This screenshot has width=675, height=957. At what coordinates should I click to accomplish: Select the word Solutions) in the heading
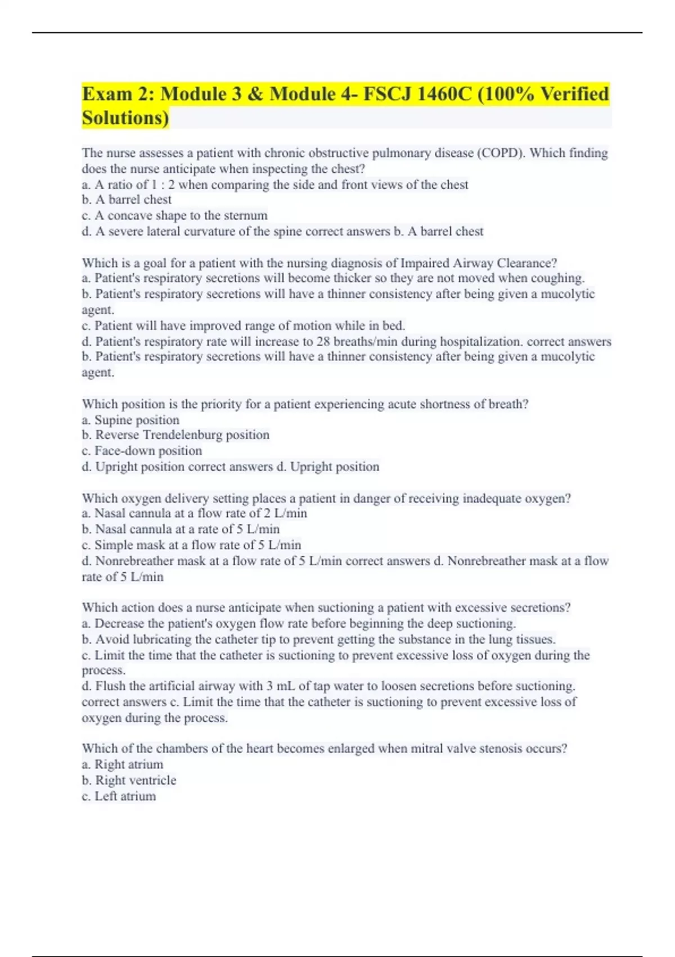[x=125, y=118]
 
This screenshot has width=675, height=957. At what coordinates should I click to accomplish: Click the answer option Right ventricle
[x=136, y=780]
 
